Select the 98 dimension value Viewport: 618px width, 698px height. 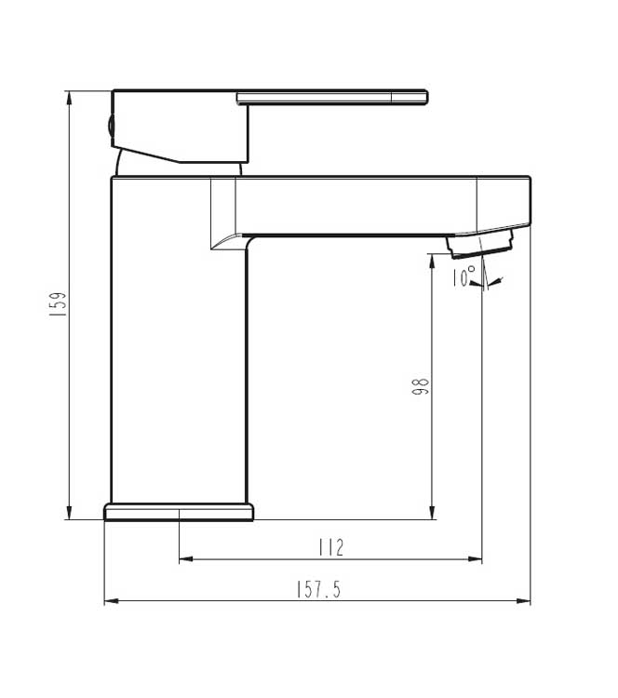[x=421, y=386]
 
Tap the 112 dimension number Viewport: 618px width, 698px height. [x=330, y=547]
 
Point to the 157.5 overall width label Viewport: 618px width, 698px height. [x=318, y=589]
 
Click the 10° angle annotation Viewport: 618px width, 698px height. [x=463, y=276]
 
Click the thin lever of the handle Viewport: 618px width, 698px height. [x=332, y=97]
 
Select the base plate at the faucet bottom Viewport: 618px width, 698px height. [x=178, y=512]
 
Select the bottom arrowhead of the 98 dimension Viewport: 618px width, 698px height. [x=431, y=513]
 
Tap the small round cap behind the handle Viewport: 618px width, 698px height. [x=109, y=128]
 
